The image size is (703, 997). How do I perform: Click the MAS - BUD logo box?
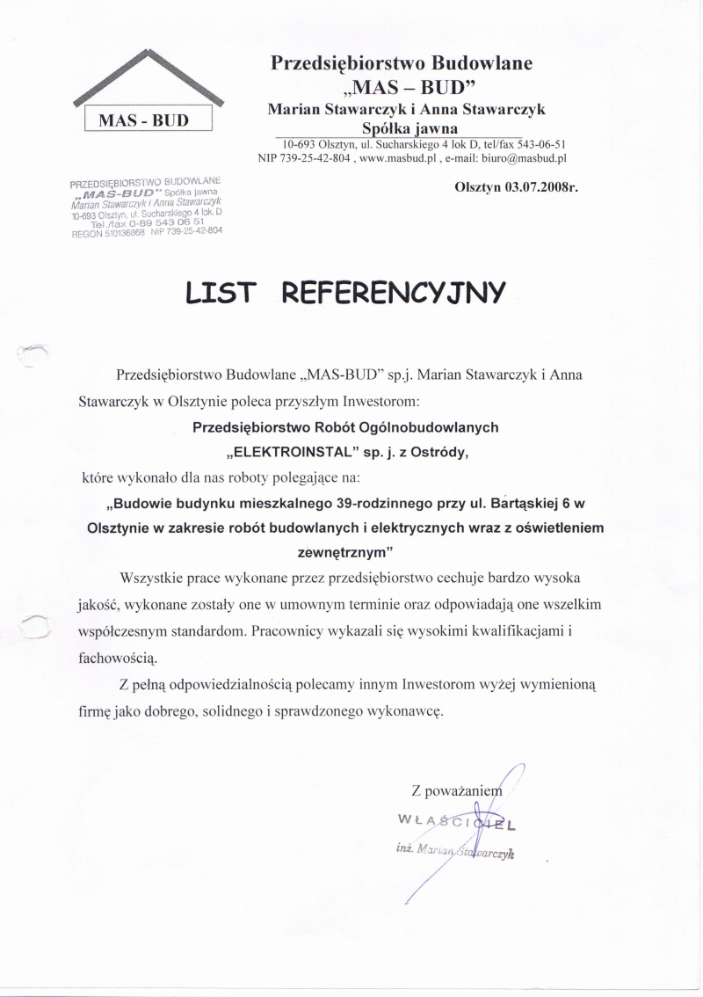[149, 120]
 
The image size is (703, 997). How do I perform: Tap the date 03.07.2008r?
[517, 187]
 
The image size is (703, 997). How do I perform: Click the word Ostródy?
[446, 453]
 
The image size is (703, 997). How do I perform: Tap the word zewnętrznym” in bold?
[341, 553]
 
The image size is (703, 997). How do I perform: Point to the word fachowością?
[115, 657]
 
